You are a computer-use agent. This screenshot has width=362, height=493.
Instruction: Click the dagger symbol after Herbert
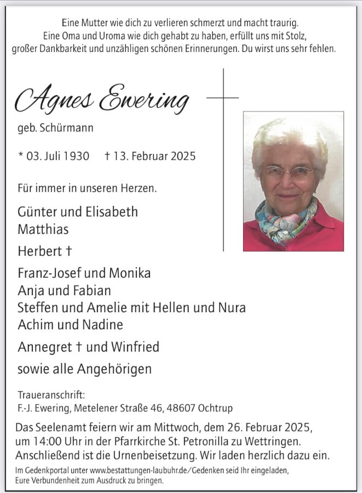pos(70,251)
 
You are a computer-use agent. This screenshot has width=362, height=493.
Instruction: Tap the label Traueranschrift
pos(51,394)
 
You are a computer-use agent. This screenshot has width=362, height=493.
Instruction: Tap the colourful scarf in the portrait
pos(284,219)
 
